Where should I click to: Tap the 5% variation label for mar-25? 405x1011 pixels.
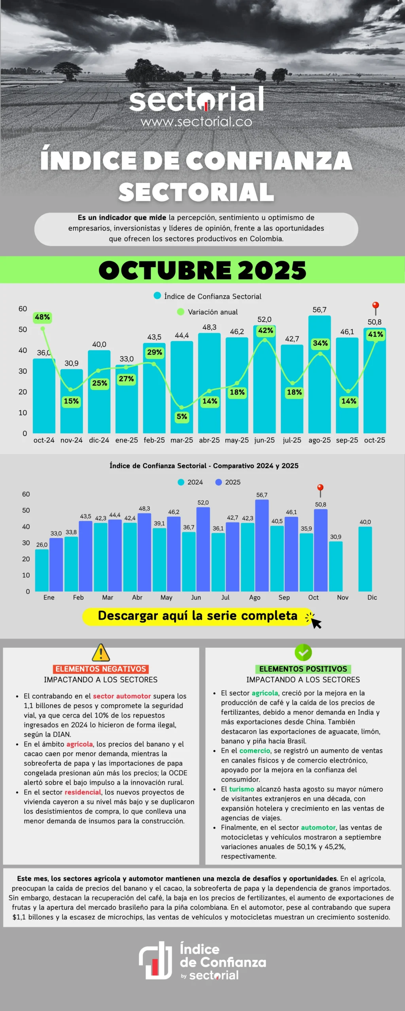point(182,417)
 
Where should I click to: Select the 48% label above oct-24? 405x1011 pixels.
point(42,317)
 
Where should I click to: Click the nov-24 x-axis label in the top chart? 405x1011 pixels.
point(72,440)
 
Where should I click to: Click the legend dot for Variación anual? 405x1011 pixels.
point(181,312)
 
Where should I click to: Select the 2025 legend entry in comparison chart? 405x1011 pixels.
point(228,482)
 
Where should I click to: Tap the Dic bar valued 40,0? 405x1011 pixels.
point(365,559)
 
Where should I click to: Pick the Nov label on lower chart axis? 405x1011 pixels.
point(343,598)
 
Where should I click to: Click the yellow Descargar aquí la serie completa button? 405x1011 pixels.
point(198,616)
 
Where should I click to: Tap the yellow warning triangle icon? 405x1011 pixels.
point(101,652)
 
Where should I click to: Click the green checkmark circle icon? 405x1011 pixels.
point(303,652)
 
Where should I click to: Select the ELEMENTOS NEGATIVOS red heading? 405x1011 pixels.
point(101,669)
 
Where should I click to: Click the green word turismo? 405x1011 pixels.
point(242,789)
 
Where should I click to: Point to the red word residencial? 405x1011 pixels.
point(83,792)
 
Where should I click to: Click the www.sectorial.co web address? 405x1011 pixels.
point(197,122)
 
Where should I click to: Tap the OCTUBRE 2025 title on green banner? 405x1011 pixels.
point(202,270)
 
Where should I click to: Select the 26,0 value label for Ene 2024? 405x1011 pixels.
point(42,545)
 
